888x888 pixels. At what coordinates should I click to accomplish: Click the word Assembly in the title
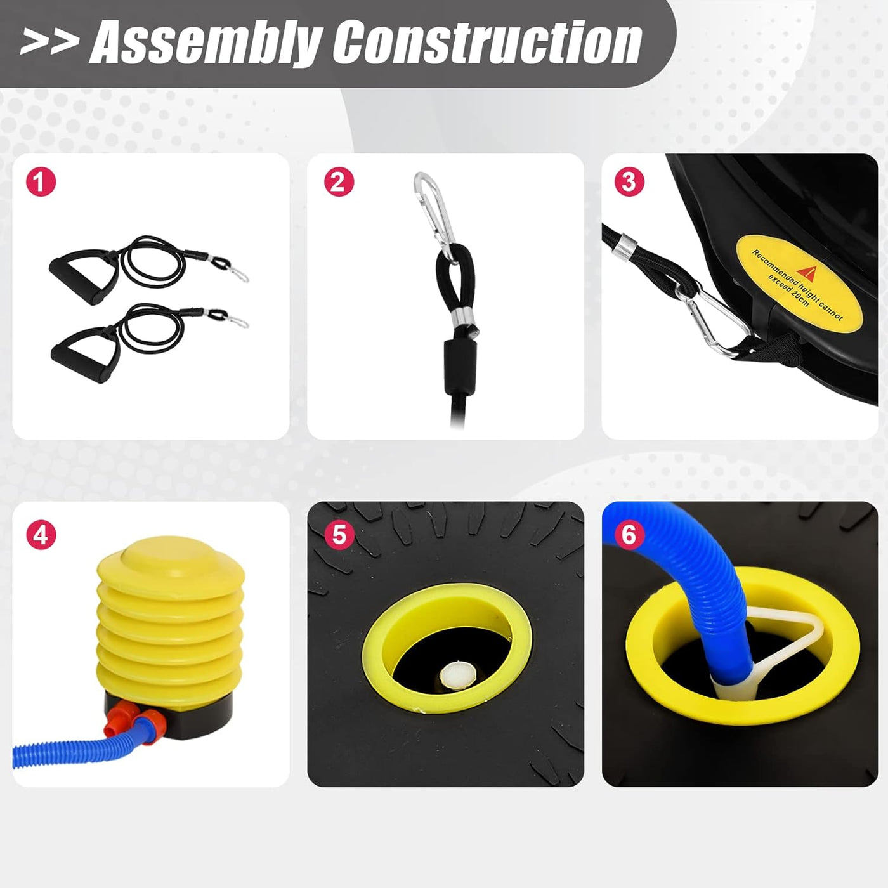tap(206, 42)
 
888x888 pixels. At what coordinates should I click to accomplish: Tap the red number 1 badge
tap(41, 181)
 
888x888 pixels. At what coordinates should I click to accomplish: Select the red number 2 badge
tap(339, 181)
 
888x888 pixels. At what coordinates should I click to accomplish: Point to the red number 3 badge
tap(629, 181)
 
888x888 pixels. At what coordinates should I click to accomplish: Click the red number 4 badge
tap(41, 535)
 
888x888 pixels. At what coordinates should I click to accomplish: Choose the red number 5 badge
tap(339, 535)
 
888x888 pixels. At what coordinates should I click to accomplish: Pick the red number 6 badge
tap(629, 535)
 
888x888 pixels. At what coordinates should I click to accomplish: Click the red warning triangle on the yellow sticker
tap(807, 274)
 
